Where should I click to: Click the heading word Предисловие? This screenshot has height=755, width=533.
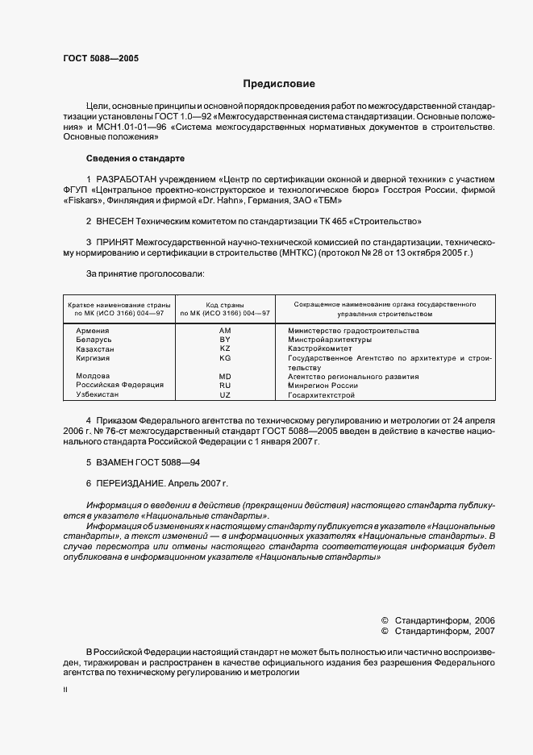pyautogui.click(x=280, y=84)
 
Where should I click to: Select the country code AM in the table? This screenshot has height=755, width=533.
pyautogui.click(x=225, y=332)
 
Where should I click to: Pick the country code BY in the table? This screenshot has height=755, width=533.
pyautogui.click(x=225, y=340)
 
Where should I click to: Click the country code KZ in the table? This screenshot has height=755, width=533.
pyautogui.click(x=225, y=349)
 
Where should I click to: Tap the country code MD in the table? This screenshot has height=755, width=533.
pyautogui.click(x=225, y=377)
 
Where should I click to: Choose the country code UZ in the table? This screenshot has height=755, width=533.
pyautogui.click(x=225, y=395)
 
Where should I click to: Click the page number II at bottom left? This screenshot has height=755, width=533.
pyautogui.click(x=65, y=690)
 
